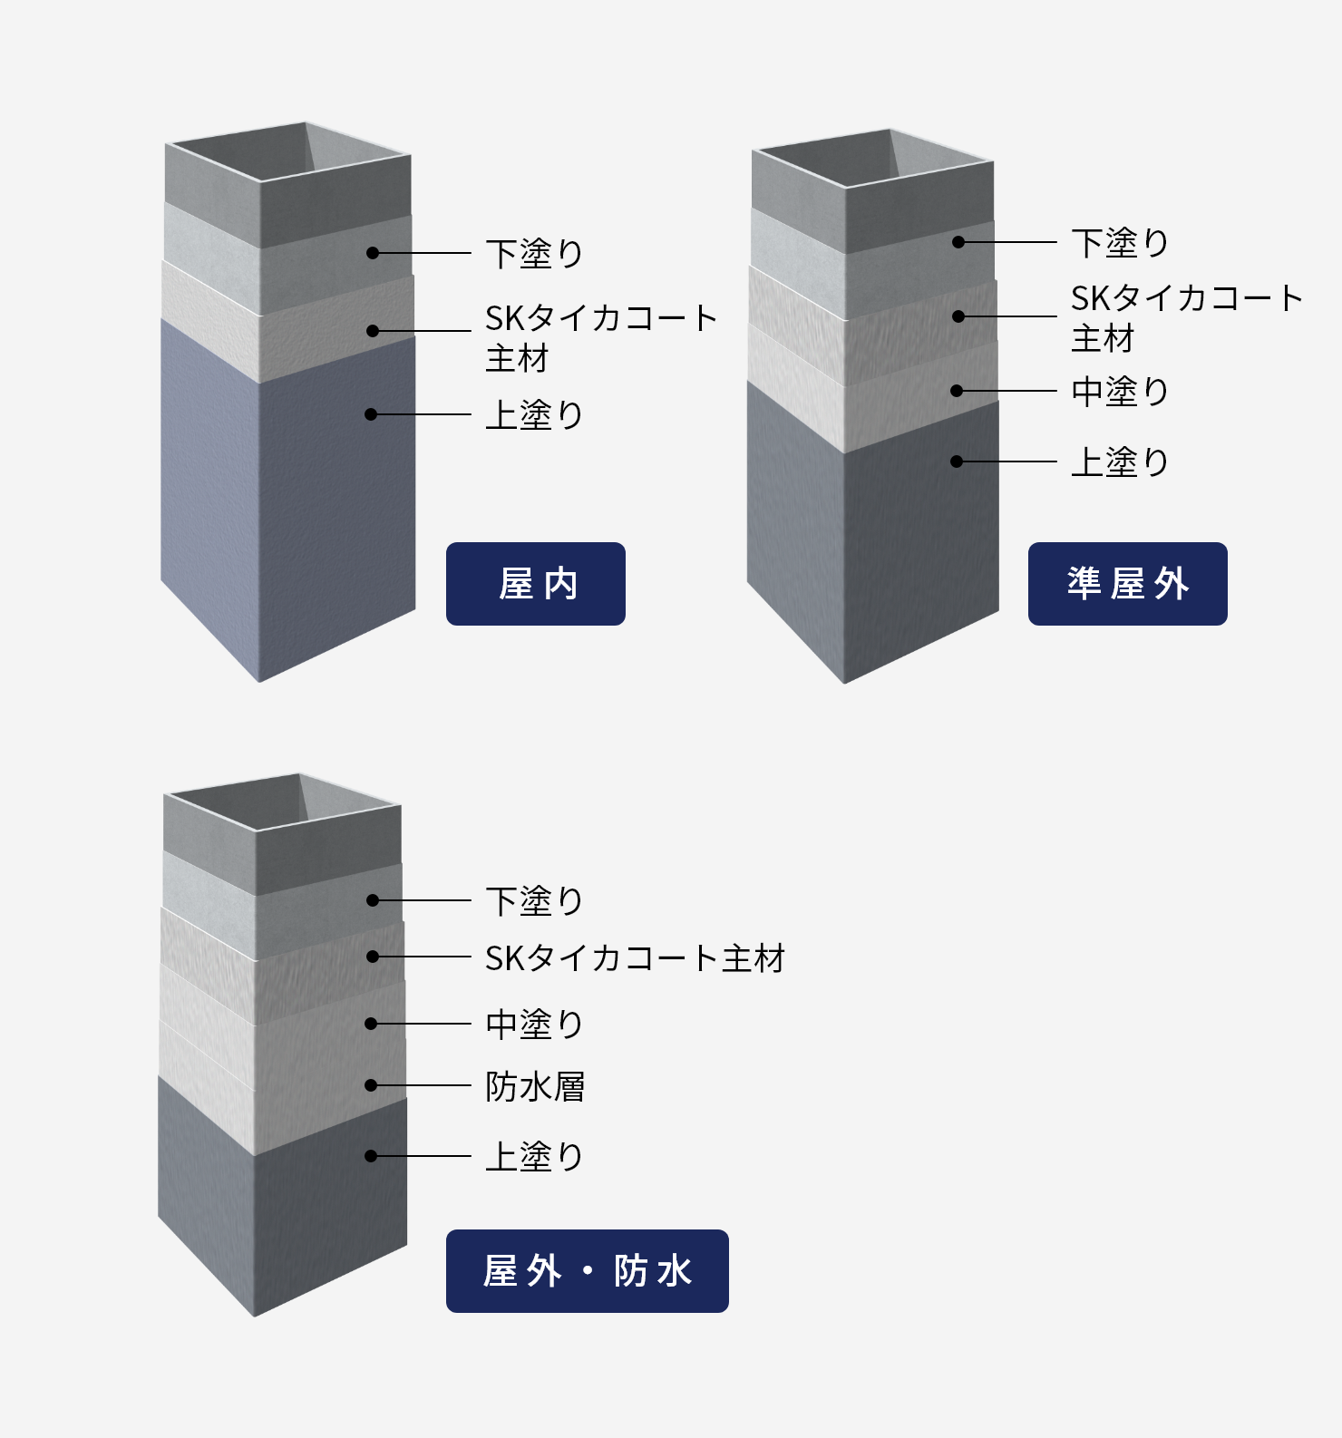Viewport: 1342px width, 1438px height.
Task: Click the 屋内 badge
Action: (535, 584)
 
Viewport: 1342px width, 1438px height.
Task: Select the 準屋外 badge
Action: (1127, 584)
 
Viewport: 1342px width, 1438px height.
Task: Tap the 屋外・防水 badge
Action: (587, 1270)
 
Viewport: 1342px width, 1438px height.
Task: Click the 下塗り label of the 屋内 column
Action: (534, 254)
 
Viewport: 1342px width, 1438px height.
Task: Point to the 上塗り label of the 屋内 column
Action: (534, 415)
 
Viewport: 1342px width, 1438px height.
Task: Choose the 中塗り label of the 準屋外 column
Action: (1120, 392)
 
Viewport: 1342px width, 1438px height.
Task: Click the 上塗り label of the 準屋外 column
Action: (1120, 462)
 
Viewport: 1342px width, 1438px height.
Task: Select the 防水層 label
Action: (535, 1086)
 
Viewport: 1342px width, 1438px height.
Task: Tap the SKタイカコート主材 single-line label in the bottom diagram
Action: (635, 958)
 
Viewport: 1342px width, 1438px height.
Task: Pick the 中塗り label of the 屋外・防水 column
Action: (534, 1025)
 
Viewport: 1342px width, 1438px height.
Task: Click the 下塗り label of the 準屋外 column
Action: (1120, 243)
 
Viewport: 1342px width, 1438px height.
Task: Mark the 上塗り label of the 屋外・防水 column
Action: (534, 1157)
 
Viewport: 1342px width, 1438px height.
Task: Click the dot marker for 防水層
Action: (371, 1085)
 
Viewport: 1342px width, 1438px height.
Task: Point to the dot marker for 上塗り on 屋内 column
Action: (371, 414)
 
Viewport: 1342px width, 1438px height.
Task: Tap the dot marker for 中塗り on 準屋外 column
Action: (957, 391)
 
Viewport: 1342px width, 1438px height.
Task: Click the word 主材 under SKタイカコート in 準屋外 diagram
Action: (1103, 339)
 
